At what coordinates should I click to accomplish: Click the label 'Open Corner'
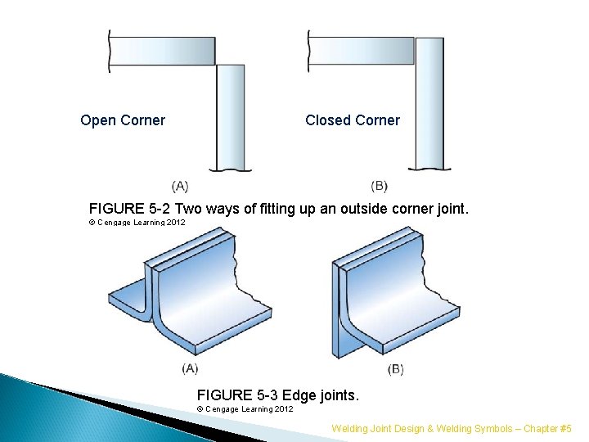point(123,120)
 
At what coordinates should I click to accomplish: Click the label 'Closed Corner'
point(353,120)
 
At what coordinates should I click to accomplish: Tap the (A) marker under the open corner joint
point(181,186)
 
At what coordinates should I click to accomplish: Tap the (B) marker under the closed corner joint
point(380,186)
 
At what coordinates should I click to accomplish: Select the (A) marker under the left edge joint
point(191,369)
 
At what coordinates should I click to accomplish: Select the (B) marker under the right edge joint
point(395,369)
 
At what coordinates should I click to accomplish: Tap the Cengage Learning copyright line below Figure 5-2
point(137,222)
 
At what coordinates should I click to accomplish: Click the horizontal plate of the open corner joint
point(162,51)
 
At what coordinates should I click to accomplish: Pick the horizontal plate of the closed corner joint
point(360,51)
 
